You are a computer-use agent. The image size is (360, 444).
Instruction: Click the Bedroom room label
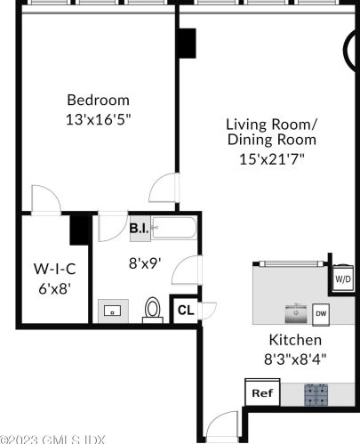[x=98, y=100]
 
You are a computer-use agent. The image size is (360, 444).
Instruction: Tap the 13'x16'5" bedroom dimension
[x=98, y=119]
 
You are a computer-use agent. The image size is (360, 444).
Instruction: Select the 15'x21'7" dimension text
[x=272, y=159]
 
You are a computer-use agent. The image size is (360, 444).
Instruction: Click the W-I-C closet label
[x=54, y=269]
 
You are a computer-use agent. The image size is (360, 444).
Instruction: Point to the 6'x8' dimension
[x=54, y=288]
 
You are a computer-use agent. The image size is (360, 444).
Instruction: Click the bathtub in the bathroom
[x=173, y=228]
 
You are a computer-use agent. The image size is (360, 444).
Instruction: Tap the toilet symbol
[x=153, y=310]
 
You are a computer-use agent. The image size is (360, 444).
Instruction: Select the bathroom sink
[x=113, y=311]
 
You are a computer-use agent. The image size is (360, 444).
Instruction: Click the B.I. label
[x=139, y=229]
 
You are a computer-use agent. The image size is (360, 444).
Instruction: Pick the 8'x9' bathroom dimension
[x=145, y=262]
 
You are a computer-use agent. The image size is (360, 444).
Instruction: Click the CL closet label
[x=186, y=310]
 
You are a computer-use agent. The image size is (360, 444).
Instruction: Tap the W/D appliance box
[x=343, y=279]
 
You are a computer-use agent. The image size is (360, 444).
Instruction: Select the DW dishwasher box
[x=321, y=314]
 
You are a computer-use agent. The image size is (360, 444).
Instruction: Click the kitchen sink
[x=297, y=313]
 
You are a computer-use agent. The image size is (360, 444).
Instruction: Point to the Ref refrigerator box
[x=262, y=392]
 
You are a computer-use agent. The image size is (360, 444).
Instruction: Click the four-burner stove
[x=316, y=394]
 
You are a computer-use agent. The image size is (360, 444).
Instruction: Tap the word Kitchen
[x=295, y=340]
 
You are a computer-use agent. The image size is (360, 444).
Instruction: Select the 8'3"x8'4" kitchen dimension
[x=295, y=359]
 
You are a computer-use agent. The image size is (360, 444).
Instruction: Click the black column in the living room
[x=188, y=44]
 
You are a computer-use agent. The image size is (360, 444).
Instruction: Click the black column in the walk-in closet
[x=79, y=230]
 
